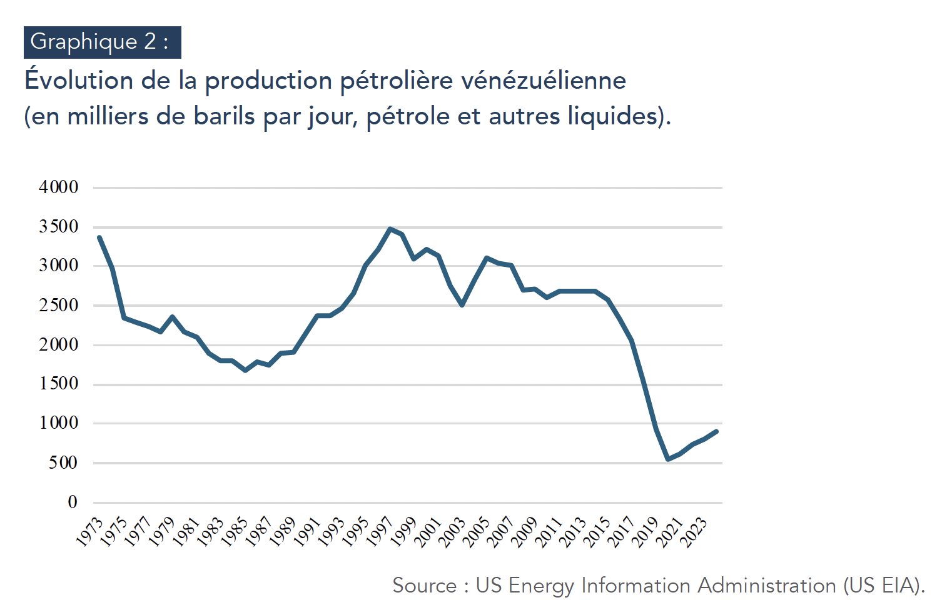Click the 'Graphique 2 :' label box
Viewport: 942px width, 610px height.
[x=102, y=42]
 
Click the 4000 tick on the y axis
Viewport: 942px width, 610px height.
[x=59, y=187]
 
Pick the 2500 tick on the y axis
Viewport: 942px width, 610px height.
[x=59, y=306]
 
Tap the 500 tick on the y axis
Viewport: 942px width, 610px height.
[x=63, y=463]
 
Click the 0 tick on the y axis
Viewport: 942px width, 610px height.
[x=73, y=502]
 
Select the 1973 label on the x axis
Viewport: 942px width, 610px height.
[x=89, y=532]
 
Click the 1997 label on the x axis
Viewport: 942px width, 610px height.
[x=380, y=532]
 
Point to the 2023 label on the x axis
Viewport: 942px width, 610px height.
[x=694, y=532]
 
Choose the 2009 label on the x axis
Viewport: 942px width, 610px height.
[x=525, y=532]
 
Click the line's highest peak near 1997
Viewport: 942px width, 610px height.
[x=390, y=229]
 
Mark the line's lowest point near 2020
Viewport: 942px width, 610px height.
[x=668, y=459]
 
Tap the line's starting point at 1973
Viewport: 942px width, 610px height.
[x=99, y=237]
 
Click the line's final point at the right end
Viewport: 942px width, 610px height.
[x=716, y=431]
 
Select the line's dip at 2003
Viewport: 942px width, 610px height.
[x=462, y=305]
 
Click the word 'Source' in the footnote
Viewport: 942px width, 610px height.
[x=425, y=586]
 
